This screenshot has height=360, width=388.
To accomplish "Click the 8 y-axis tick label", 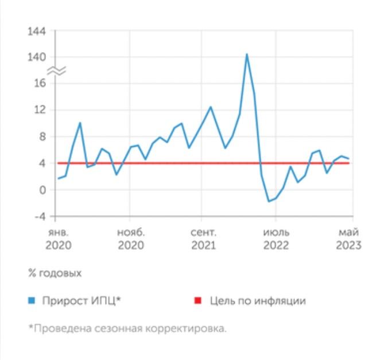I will point(42,137).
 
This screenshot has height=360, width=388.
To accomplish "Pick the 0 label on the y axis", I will point(42,190).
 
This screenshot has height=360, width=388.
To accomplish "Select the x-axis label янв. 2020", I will point(58,239).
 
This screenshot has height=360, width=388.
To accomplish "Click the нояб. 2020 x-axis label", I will point(131,239).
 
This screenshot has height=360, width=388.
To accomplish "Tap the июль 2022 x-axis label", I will point(276,239).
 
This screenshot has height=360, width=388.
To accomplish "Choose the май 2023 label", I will point(349,239).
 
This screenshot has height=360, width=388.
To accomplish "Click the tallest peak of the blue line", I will point(247,54).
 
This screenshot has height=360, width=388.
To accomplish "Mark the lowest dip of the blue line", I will point(269,201).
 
